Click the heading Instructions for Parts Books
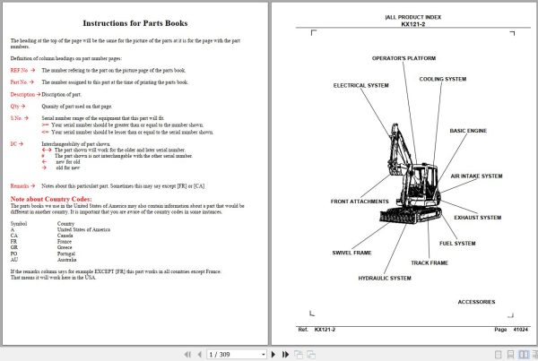[x=134, y=22]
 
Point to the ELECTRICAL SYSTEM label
[x=360, y=86]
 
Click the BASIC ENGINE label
[x=468, y=131]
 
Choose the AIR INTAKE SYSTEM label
[x=476, y=176]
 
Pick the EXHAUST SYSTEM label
[x=477, y=218]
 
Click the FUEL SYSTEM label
[x=457, y=244]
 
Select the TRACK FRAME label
[x=429, y=263]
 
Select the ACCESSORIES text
[x=475, y=302]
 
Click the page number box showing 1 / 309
[x=219, y=354]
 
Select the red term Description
[x=23, y=94]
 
